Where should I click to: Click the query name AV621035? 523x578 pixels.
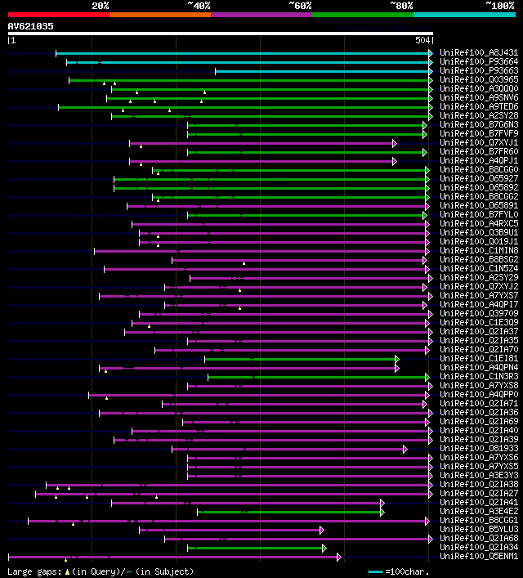31,26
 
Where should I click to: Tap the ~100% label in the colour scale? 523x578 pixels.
499,6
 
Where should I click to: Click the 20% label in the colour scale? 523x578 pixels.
101,6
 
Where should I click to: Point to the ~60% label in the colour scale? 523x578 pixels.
300,6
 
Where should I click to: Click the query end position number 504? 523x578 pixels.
422,40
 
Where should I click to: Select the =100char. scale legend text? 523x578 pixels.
407,571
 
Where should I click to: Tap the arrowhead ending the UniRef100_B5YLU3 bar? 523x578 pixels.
322,530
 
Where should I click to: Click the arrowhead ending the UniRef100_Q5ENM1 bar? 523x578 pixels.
338,557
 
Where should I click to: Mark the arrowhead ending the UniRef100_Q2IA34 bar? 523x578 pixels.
324,548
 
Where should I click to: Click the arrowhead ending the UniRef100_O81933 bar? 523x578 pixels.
405,449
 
